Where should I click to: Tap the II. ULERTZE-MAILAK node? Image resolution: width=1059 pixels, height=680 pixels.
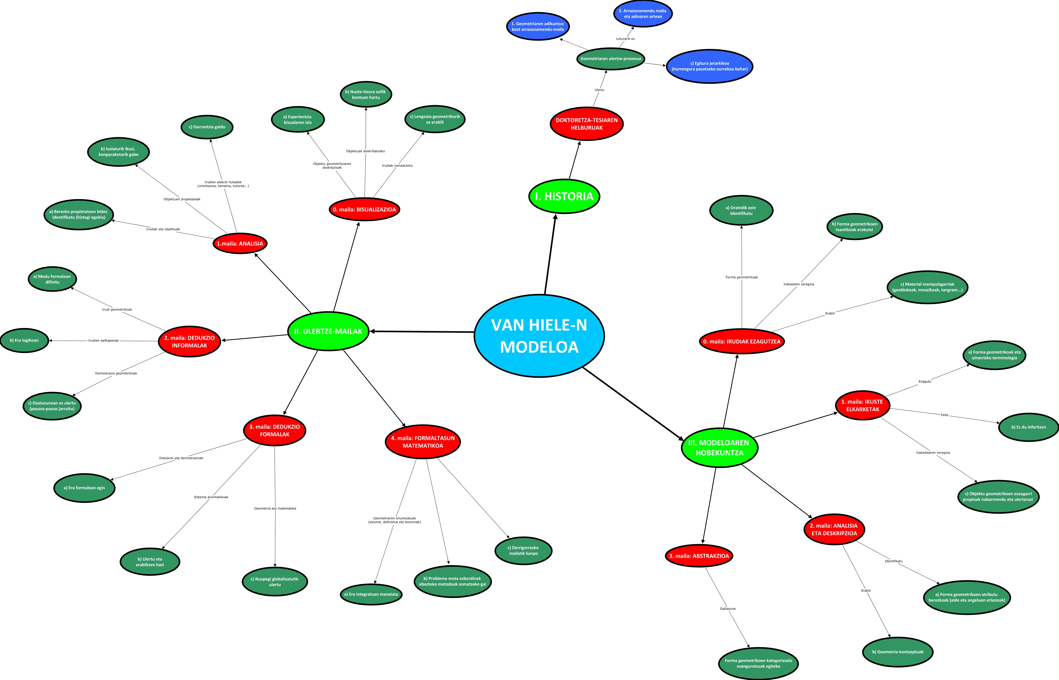pyautogui.click(x=328, y=331)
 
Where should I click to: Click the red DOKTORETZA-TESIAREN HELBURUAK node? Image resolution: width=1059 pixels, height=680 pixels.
pyautogui.click(x=586, y=124)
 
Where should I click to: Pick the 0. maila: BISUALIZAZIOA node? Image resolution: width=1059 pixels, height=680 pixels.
pyautogui.click(x=364, y=209)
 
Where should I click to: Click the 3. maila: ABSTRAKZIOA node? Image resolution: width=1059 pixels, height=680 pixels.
pyautogui.click(x=699, y=556)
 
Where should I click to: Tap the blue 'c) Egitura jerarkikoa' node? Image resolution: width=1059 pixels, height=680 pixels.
pyautogui.click(x=709, y=66)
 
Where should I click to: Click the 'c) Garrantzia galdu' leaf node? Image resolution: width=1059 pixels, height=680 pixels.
pyautogui.click(x=207, y=127)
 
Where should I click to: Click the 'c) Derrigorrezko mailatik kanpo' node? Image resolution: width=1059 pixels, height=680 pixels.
pyautogui.click(x=523, y=551)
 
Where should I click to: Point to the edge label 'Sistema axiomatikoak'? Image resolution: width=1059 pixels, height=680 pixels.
pyautogui.click(x=211, y=497)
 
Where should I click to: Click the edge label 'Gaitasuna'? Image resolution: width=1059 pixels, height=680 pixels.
pyautogui.click(x=728, y=608)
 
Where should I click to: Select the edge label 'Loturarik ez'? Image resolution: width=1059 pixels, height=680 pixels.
pyautogui.click(x=625, y=39)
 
